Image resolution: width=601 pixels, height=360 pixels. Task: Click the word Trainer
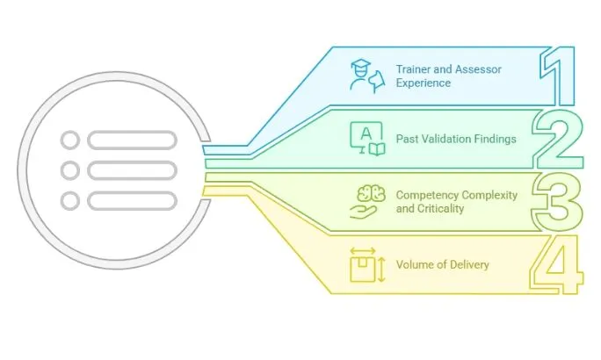pos(413,70)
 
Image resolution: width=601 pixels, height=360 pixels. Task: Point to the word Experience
pos(423,83)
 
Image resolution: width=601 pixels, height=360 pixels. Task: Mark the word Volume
pos(414,265)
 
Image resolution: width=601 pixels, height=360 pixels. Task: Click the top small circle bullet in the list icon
pos(70,140)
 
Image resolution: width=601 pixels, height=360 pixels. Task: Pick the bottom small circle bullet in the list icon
pos(70,201)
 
